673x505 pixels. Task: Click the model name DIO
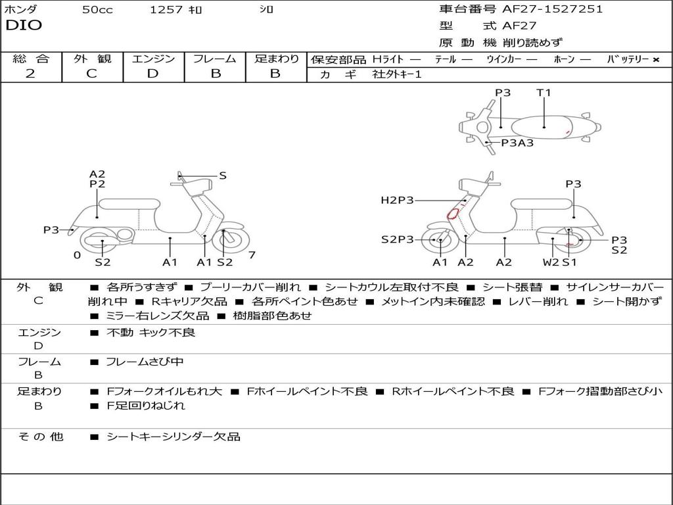(x=24, y=26)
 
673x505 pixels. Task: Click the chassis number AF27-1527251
(x=552, y=9)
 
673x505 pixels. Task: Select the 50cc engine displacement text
(x=97, y=10)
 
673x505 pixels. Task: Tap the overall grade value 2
(x=30, y=74)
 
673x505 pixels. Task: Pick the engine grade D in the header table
(x=152, y=74)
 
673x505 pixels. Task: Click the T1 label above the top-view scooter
(x=544, y=92)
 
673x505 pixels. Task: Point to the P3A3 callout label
(x=517, y=143)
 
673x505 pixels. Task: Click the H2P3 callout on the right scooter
(x=397, y=200)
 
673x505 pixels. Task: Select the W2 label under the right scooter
(x=551, y=262)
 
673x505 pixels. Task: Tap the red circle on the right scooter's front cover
(x=452, y=214)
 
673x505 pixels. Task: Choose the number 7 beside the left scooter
(x=252, y=255)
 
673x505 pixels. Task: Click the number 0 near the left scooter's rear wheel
(x=77, y=255)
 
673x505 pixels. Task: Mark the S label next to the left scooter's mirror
(x=222, y=176)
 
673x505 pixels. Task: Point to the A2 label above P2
(x=97, y=174)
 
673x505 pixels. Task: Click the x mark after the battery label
(x=656, y=60)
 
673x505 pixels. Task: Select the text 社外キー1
(x=397, y=74)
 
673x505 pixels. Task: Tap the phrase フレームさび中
(x=145, y=362)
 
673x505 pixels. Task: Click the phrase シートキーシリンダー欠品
(x=174, y=437)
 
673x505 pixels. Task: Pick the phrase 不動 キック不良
(x=151, y=332)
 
